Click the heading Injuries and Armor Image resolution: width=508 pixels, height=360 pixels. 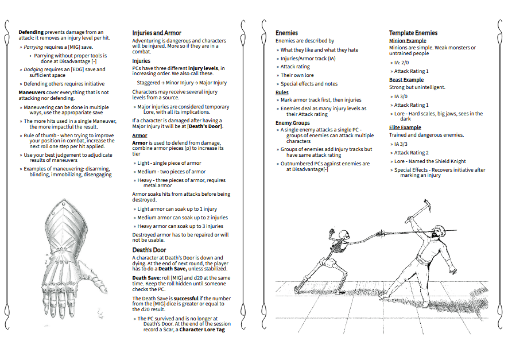click(x=156, y=33)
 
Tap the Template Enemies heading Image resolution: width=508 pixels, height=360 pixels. click(x=413, y=33)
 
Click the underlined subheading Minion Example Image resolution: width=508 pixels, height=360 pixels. click(x=407, y=41)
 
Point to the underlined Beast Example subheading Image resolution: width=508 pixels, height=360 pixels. click(x=406, y=80)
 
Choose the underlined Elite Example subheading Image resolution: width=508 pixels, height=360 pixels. click(x=405, y=127)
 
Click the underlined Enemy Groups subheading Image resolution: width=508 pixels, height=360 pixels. click(x=292, y=123)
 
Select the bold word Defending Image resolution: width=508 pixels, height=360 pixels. click(x=31, y=32)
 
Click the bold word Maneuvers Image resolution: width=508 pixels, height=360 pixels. click(x=32, y=92)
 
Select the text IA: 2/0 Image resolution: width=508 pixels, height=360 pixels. click(x=402, y=62)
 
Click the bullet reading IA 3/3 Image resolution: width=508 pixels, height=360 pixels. click(x=401, y=144)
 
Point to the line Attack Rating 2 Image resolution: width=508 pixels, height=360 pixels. click(x=411, y=153)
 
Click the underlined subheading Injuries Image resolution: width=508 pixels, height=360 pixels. click(x=141, y=61)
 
